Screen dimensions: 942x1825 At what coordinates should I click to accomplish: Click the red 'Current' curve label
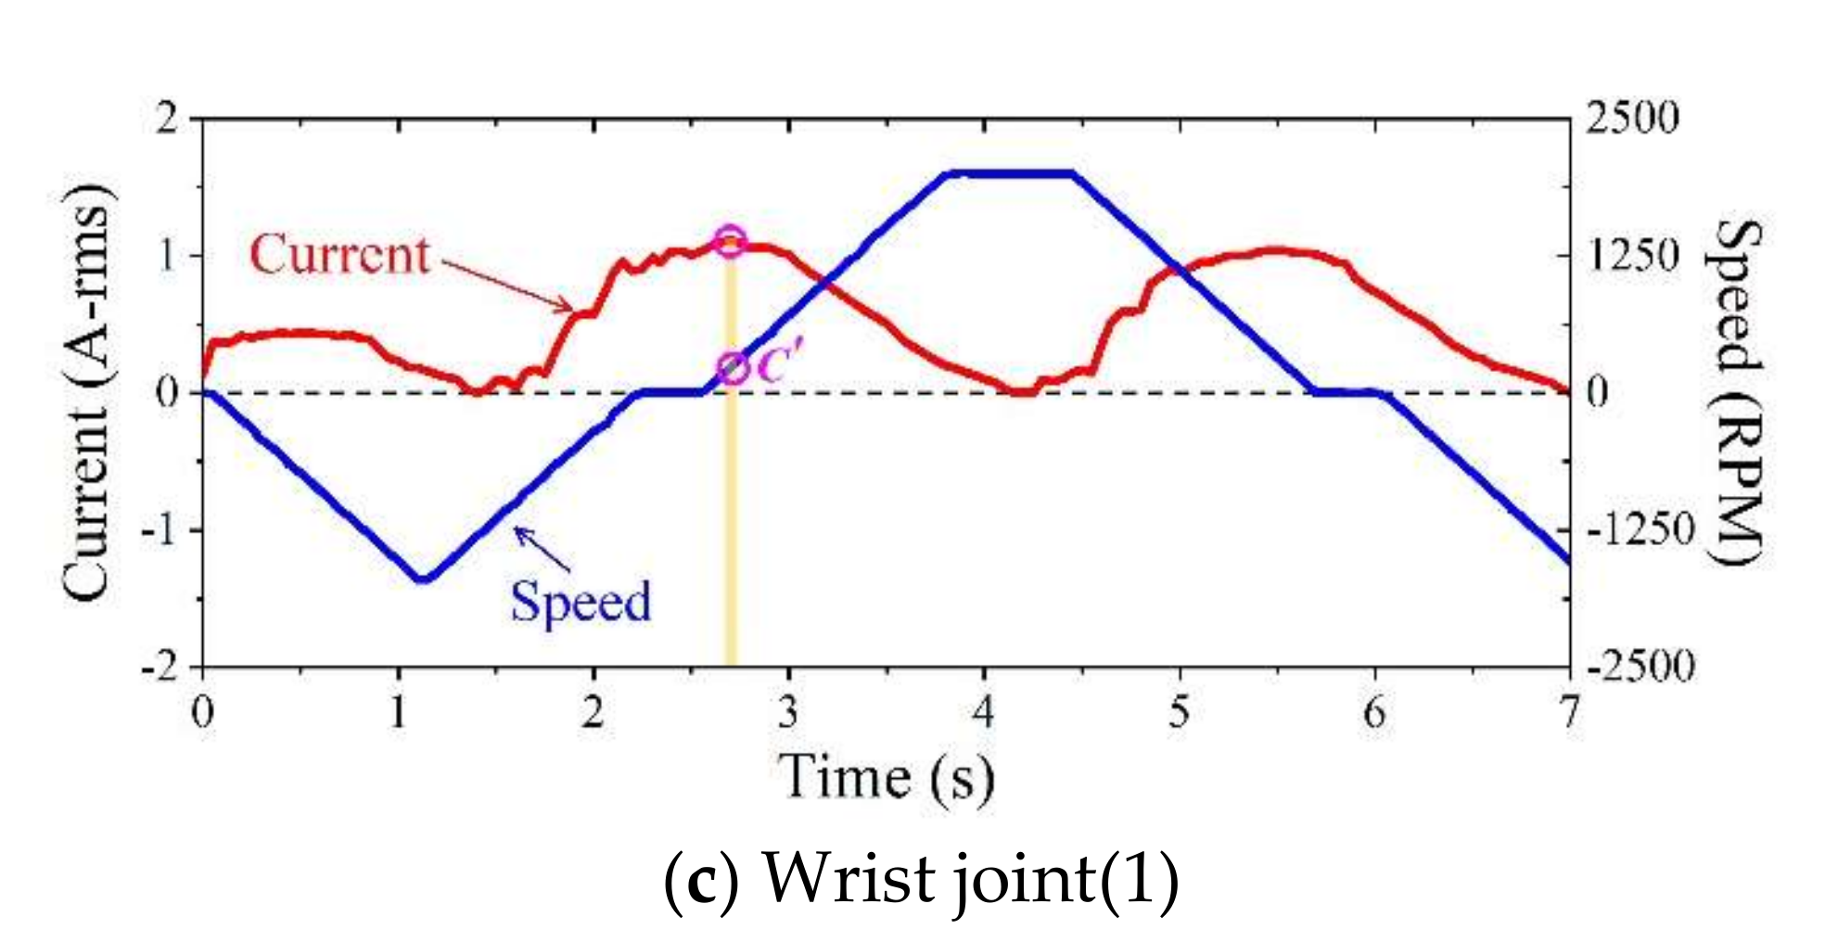339,254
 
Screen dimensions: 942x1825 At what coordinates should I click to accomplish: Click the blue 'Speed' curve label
581,601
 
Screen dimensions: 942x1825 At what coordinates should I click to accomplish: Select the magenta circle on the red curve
730,239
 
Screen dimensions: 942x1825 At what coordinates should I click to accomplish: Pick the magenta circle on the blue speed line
733,369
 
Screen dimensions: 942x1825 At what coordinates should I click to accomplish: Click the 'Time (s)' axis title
886,777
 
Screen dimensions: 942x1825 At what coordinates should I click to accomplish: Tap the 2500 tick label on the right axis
1632,119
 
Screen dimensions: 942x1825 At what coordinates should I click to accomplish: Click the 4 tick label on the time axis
983,712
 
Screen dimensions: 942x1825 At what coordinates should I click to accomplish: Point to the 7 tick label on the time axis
1568,712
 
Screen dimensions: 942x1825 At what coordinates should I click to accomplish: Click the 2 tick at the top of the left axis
167,119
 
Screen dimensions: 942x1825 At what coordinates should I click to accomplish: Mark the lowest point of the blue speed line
423,579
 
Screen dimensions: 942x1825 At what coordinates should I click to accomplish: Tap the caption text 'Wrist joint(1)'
970,878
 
